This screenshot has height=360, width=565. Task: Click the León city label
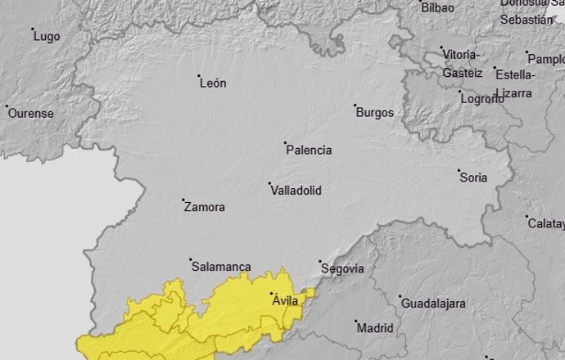pyautogui.click(x=213, y=83)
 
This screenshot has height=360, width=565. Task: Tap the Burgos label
pyautogui.click(x=375, y=113)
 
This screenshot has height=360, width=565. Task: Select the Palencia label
pyautogui.click(x=310, y=151)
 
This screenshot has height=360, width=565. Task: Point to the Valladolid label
pyautogui.click(x=296, y=191)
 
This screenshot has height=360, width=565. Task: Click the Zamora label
pyautogui.click(x=205, y=208)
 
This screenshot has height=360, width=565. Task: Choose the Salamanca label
pyautogui.click(x=221, y=267)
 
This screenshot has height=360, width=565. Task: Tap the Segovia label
pyautogui.click(x=342, y=268)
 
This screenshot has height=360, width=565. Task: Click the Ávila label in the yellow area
pyautogui.click(x=287, y=301)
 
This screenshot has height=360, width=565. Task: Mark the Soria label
pyautogui.click(x=473, y=178)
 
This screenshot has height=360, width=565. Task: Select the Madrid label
pyautogui.click(x=376, y=328)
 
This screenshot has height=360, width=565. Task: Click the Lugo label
pyautogui.click(x=47, y=37)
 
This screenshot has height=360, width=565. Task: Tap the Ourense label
pyautogui.click(x=30, y=114)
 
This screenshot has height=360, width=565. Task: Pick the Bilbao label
pyautogui.click(x=438, y=7)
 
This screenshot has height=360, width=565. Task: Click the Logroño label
pyautogui.click(x=482, y=100)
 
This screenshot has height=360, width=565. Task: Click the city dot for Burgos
pyautogui.click(x=355, y=106)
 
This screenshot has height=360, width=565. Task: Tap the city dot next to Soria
pyautogui.click(x=459, y=171)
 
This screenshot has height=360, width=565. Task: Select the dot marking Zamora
pyautogui.click(x=183, y=200)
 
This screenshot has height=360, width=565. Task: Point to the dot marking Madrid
pyautogui.click(x=356, y=321)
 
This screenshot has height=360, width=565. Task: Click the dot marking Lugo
pyautogui.click(x=33, y=30)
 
